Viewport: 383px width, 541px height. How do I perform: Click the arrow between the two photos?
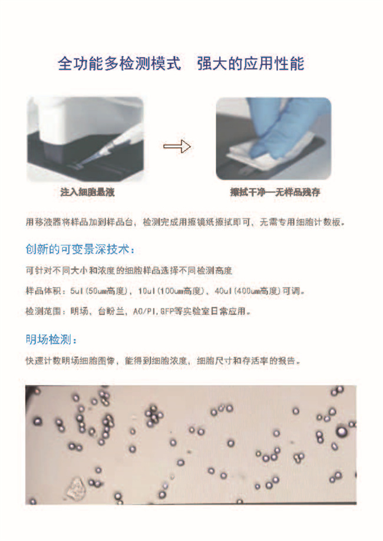(177, 147)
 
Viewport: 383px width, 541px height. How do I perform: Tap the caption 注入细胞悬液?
(87, 192)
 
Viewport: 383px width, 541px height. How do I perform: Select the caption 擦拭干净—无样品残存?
(275, 192)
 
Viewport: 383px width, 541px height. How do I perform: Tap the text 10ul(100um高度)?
(171, 291)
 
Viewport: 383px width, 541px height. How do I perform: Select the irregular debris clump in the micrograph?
(77, 488)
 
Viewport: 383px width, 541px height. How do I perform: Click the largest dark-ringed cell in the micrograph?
(341, 432)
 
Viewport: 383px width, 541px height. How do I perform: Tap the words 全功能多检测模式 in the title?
(120, 64)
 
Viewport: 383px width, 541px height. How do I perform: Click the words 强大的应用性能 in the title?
(251, 64)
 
